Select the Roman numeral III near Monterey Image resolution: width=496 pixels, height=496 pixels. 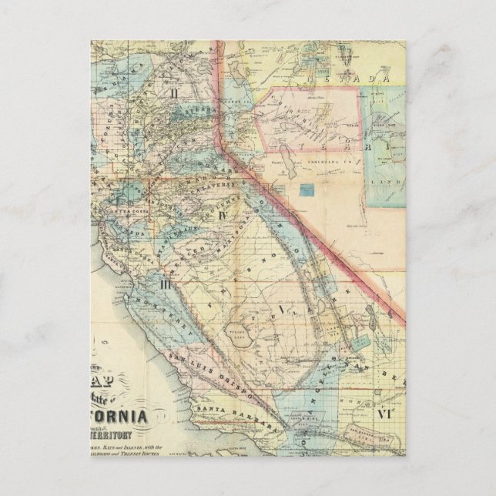[x=164, y=283]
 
